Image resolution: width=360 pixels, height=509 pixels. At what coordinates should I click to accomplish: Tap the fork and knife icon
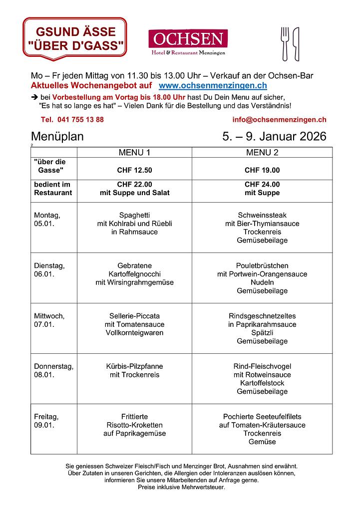pos(290,44)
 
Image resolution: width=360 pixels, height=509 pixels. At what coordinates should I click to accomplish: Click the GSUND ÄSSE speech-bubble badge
pos(75,38)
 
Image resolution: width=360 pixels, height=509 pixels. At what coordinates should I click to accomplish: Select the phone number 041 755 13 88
pos(72,120)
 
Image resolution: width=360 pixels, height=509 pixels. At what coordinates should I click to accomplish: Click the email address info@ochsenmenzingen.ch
pos(279,120)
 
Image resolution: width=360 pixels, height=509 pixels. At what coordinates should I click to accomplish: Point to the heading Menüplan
pos(57,137)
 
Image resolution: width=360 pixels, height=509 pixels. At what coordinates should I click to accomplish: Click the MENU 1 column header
pos(134,152)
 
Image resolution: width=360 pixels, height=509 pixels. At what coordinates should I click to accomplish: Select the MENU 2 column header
pos(262,152)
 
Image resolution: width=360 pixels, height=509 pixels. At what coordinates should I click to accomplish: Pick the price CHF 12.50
pos(134,170)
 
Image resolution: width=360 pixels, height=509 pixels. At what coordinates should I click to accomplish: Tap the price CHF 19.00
pos(262,170)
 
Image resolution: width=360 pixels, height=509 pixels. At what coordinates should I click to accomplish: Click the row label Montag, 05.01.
pos(47,220)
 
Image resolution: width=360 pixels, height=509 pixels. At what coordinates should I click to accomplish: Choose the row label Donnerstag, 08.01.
pos(53,370)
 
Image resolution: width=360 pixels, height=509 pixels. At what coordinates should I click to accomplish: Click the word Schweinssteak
pos(262,216)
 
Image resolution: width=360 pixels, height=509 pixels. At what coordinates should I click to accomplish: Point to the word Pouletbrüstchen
pos(262,266)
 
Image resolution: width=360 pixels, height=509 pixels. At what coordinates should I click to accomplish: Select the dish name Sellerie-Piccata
pos(134,316)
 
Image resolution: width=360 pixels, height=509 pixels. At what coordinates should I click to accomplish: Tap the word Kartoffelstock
pos(262,383)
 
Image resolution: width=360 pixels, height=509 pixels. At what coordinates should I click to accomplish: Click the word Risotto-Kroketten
pos(134,425)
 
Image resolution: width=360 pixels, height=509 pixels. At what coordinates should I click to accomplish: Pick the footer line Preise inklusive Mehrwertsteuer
pos(182,487)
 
